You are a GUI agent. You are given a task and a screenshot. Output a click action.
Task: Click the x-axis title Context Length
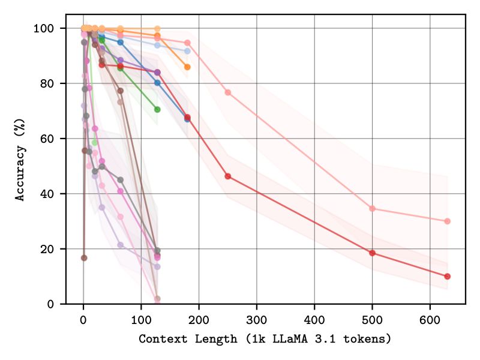[265, 339]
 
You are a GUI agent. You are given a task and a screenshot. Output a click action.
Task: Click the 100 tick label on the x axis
[141, 316]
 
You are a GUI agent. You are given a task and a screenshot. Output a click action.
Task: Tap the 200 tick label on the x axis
[199, 316]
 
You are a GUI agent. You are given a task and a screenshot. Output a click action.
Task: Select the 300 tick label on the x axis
[257, 316]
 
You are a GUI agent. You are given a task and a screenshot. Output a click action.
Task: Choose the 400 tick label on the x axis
[314, 316]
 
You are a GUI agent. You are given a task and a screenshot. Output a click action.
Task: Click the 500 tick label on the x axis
[372, 316]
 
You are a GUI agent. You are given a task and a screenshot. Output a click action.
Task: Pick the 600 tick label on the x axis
[430, 316]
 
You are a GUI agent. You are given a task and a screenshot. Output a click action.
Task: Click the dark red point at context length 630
[447, 277]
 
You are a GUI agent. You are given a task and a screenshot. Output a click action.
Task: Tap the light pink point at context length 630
[447, 221]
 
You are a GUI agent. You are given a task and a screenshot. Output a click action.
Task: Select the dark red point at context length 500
[372, 253]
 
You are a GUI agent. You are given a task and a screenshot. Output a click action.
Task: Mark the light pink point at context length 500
[372, 209]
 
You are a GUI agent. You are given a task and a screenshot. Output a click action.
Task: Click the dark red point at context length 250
[228, 176]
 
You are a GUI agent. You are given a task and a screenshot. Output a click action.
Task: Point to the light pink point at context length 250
[228, 92]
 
